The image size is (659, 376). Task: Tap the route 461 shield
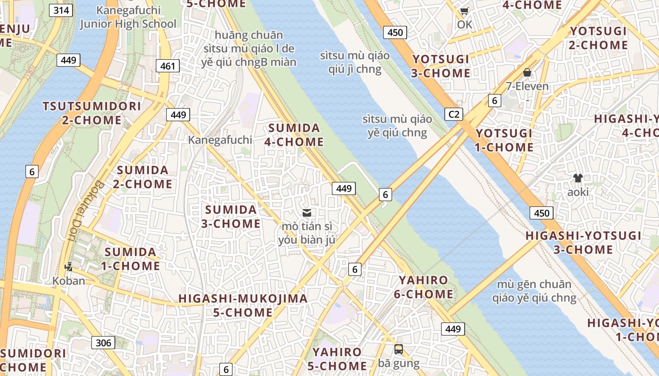point(168,66)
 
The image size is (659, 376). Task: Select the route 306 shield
point(103,343)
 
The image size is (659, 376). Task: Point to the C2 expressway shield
point(454,114)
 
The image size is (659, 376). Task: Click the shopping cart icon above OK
point(465,11)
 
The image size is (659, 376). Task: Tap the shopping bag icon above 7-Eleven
point(527,72)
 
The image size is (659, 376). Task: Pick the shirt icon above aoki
point(578,178)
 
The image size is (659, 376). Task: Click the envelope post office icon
point(307,213)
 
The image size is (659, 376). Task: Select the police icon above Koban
point(69,267)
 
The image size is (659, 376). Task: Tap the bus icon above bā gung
point(399,349)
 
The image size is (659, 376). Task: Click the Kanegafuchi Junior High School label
point(128,17)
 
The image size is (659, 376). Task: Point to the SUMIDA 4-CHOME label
point(296,135)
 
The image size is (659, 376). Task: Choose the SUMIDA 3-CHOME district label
point(231,216)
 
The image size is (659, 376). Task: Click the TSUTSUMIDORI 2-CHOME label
point(92,113)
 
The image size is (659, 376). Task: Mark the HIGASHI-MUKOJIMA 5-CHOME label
point(243,305)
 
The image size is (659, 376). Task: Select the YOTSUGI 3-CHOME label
point(441,66)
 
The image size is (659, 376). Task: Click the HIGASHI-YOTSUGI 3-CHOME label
point(583,242)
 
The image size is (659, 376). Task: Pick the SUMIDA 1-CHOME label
point(130,259)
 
